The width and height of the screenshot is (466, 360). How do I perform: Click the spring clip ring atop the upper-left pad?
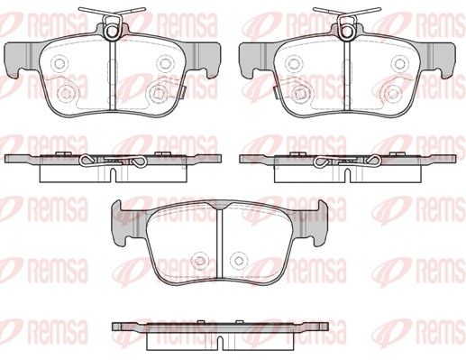coord(112,32)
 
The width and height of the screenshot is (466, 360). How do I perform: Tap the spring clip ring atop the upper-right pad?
coord(347,32)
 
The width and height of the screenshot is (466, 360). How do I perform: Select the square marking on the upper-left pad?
coord(158,94)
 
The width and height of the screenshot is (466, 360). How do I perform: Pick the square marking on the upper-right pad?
coord(300,94)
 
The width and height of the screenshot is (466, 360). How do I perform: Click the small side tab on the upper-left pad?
coord(185,92)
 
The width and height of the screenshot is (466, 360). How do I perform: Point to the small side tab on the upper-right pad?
coord(274,92)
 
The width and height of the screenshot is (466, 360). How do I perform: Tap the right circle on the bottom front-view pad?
coord(239,261)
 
